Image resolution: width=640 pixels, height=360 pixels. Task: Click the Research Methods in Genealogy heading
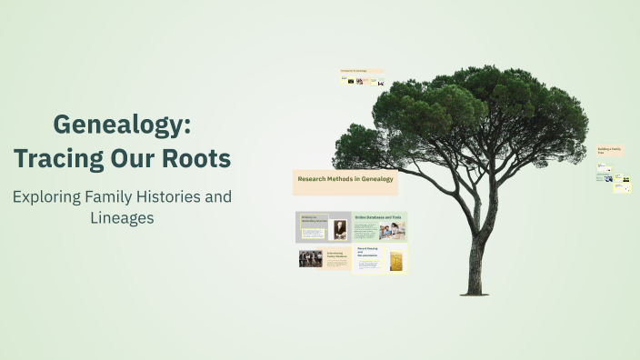(345, 179)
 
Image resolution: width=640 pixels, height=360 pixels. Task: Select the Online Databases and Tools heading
(376, 217)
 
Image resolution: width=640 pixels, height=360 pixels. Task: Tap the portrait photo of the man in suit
(339, 229)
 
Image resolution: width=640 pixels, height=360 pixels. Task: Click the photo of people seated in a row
(310, 259)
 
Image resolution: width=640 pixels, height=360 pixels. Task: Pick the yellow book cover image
(396, 261)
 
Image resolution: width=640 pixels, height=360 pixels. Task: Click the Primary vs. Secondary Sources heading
(313, 219)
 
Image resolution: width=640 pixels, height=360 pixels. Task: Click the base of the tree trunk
(473, 289)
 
